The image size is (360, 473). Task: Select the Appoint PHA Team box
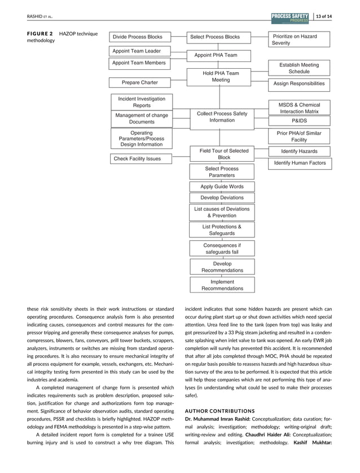(x=216, y=55)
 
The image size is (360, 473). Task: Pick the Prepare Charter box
(x=139, y=83)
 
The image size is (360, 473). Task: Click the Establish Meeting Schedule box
(x=299, y=68)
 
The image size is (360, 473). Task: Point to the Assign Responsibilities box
(x=299, y=83)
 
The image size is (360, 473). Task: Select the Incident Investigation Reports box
(x=142, y=102)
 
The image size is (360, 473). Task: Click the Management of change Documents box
(x=142, y=118)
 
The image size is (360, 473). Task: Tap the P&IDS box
(x=299, y=121)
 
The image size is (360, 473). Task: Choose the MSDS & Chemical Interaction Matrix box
(x=299, y=108)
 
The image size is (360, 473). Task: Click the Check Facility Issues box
(x=137, y=159)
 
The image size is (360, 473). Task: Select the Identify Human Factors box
(x=300, y=163)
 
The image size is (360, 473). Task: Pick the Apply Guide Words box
(x=222, y=187)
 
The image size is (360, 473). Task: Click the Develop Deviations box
(x=222, y=198)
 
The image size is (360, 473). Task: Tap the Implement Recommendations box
(x=222, y=285)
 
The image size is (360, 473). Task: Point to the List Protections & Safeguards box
(x=222, y=230)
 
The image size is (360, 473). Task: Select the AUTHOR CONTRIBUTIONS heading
(x=221, y=410)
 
